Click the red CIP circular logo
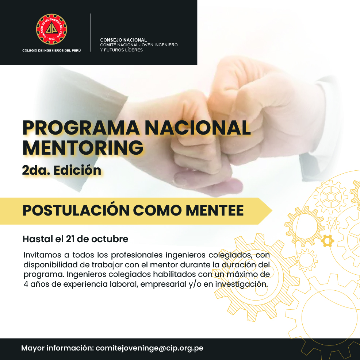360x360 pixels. [51, 29]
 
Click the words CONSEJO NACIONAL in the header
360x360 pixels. [123, 40]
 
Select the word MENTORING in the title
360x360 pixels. [83, 148]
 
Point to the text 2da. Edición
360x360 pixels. [62, 170]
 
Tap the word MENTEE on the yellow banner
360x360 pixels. [214, 210]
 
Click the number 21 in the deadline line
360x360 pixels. [70, 239]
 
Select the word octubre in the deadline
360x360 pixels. [110, 239]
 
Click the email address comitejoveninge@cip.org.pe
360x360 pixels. [149, 348]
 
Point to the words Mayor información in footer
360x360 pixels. [57, 348]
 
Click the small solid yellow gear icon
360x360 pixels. [328, 241]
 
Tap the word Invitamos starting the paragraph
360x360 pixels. [42, 255]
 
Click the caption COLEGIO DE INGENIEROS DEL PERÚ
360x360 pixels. [51, 50]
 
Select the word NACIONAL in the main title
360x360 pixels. [198, 128]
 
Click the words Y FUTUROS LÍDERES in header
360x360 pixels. [121, 50]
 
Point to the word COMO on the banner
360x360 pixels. [157, 210]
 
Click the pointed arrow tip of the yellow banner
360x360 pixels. [272, 210]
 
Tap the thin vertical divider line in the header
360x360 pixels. [91, 32]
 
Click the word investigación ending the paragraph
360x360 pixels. [241, 284]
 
